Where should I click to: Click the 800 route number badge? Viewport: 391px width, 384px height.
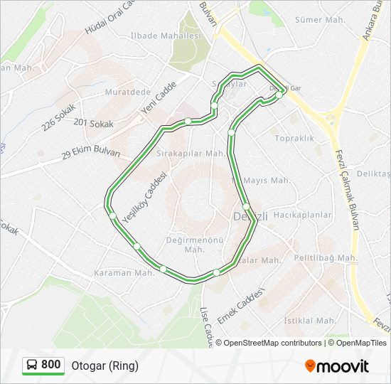[x=43, y=365]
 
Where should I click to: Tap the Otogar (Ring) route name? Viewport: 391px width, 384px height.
[x=105, y=366]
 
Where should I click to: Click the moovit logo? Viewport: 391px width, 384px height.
[x=337, y=366]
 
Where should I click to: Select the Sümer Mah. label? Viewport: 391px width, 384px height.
[x=319, y=20]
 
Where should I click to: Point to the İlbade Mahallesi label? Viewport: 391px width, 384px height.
[x=166, y=36]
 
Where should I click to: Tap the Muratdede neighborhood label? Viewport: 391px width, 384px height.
[x=127, y=92]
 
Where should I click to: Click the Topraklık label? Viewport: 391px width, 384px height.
[x=294, y=138]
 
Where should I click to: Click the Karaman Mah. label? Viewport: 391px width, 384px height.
[x=124, y=273]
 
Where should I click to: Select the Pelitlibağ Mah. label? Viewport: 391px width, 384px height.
[x=328, y=257]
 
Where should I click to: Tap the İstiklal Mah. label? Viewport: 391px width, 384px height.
[x=310, y=321]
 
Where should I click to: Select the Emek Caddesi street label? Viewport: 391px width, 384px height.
[x=241, y=306]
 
